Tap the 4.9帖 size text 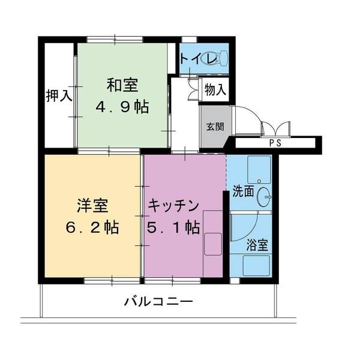pos(124,107)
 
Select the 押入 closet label pos(59,96)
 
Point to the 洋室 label pos(92,205)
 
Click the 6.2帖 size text pos(92,227)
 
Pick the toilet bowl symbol pos(221,58)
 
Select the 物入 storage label pos(215,90)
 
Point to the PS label pos(275,143)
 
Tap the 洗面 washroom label pos(244,193)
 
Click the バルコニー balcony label pos(158,301)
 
